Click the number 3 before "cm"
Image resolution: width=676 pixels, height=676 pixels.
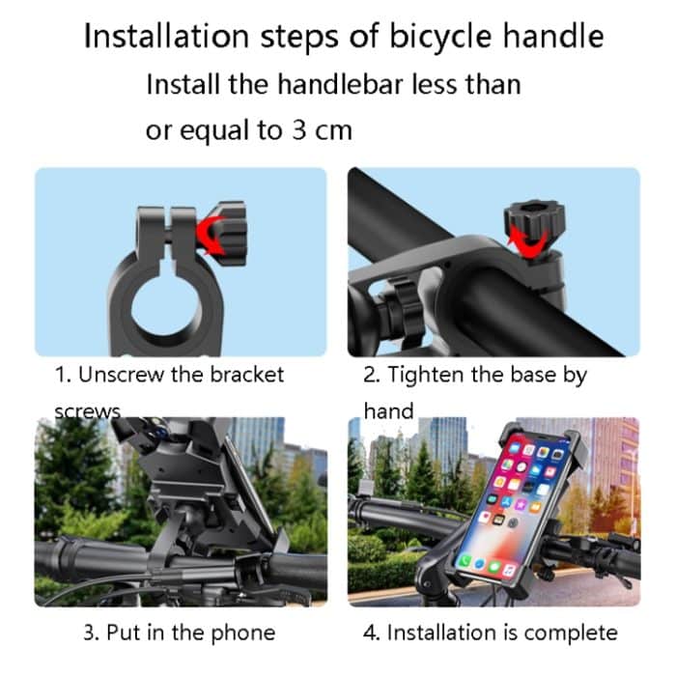(x=299, y=129)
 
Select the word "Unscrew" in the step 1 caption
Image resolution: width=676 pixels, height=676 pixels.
(x=121, y=375)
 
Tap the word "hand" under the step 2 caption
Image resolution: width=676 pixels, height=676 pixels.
(x=388, y=410)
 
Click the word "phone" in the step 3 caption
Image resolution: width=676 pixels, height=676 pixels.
(x=243, y=634)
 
